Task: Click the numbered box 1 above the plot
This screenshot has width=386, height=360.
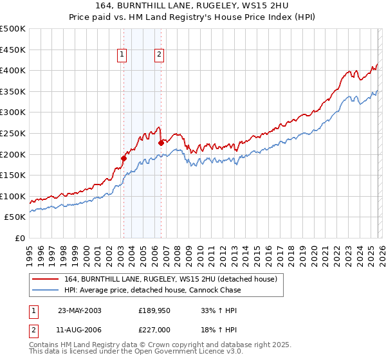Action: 122,55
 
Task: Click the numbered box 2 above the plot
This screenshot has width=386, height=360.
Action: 158,55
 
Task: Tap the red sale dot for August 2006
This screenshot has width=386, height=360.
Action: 161,143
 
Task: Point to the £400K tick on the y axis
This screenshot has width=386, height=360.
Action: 13,70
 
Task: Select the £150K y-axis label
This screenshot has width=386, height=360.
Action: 13,175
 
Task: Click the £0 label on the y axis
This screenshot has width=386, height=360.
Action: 19,238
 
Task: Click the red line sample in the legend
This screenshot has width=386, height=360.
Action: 45,279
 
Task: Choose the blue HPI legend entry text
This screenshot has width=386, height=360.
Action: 152,290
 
